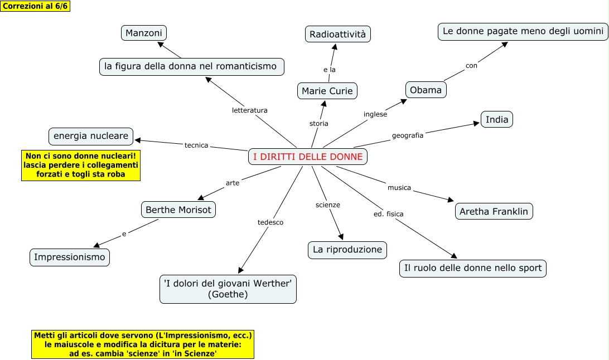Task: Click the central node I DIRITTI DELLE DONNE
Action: point(308,157)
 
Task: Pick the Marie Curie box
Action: point(327,91)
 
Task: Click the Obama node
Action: point(426,90)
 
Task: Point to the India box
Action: point(497,120)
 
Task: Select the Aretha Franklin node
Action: point(494,212)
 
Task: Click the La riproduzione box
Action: point(347,250)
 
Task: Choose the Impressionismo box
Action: point(70,257)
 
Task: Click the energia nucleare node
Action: point(91,135)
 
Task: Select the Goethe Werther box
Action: point(228,289)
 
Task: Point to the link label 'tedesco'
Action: point(270,222)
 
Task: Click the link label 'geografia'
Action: point(408,135)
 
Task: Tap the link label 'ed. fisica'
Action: point(389,214)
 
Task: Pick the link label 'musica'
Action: point(399,188)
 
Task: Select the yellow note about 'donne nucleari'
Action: point(80,165)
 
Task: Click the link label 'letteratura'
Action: point(250,110)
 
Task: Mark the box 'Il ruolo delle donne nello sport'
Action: point(473,268)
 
